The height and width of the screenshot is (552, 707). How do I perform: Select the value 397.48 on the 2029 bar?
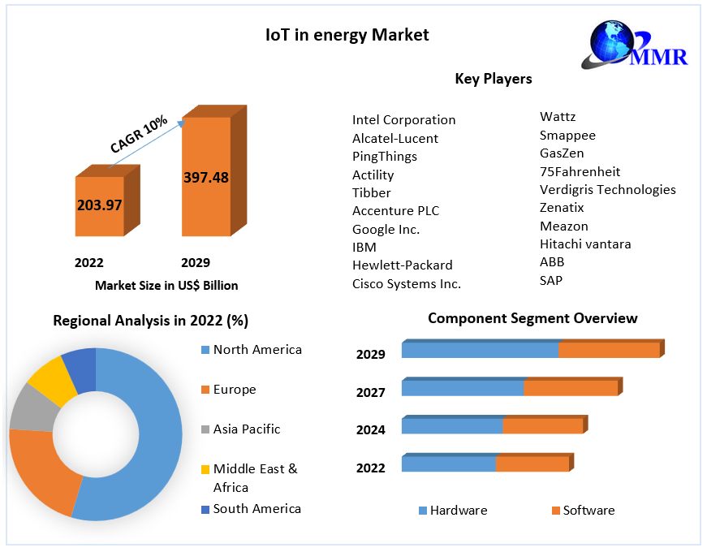(x=205, y=177)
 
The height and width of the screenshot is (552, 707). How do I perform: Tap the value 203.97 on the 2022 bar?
(x=99, y=205)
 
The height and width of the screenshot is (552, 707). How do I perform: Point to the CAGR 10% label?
(x=139, y=134)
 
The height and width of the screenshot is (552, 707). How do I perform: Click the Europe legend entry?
(x=235, y=390)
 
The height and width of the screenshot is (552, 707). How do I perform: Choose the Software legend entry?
(x=588, y=511)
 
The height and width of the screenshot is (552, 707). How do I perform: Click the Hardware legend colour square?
(x=422, y=511)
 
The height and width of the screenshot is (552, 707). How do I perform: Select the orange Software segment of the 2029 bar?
(x=609, y=350)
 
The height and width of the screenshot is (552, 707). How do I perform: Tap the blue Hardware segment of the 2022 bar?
(x=449, y=464)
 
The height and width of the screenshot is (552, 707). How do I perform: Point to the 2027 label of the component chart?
(x=370, y=392)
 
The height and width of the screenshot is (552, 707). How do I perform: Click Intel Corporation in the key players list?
(x=403, y=120)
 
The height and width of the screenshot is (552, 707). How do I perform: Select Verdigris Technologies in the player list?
(x=607, y=190)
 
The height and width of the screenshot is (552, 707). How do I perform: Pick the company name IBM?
(x=364, y=247)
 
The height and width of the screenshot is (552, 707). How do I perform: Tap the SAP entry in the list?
(x=551, y=280)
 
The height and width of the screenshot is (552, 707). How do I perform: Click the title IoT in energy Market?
(x=347, y=35)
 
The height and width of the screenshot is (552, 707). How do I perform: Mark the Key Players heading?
(x=494, y=79)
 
